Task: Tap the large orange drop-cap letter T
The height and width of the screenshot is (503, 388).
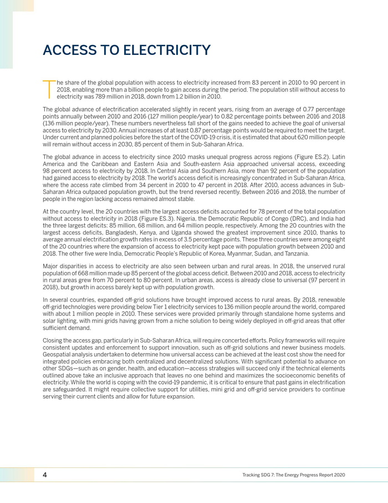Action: pyautogui.click(x=49, y=89)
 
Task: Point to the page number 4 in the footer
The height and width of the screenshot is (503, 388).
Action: pyautogui.click(x=45, y=475)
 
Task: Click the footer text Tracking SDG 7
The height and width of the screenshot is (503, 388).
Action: pyautogui.click(x=262, y=475)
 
